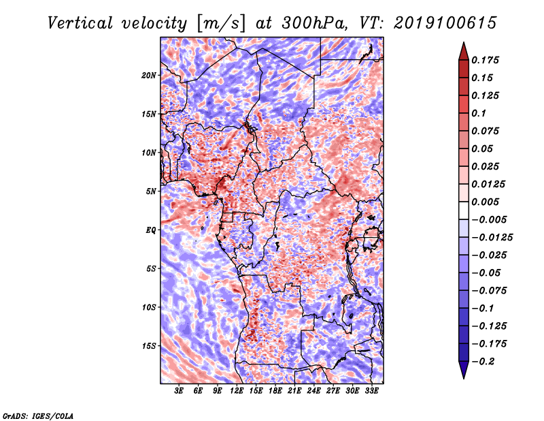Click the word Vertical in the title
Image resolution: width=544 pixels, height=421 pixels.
80,23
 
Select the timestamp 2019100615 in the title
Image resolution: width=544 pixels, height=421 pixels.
445,23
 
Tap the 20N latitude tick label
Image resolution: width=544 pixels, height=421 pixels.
149,75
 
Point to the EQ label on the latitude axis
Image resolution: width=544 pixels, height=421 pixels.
151,230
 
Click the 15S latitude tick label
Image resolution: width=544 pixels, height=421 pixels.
149,346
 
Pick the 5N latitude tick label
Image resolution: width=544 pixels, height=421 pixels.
151,191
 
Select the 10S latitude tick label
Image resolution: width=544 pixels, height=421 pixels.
149,307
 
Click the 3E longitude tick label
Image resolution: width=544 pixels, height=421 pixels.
179,390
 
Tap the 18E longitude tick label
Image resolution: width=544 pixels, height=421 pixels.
275,390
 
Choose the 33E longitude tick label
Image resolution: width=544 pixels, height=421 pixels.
371,390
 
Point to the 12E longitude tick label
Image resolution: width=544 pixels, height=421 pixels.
237,390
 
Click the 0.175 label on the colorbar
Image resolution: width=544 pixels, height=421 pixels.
485,60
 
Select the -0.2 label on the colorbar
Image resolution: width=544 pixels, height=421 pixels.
483,362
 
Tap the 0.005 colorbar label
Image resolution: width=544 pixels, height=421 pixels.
485,202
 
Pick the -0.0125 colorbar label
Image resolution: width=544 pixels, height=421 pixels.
492,238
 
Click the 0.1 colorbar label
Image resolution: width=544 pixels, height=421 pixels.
479,113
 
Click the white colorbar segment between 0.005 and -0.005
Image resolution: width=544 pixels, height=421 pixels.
464,210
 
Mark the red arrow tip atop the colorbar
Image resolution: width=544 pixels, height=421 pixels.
464,42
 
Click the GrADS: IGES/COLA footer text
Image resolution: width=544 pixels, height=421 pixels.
38,416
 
